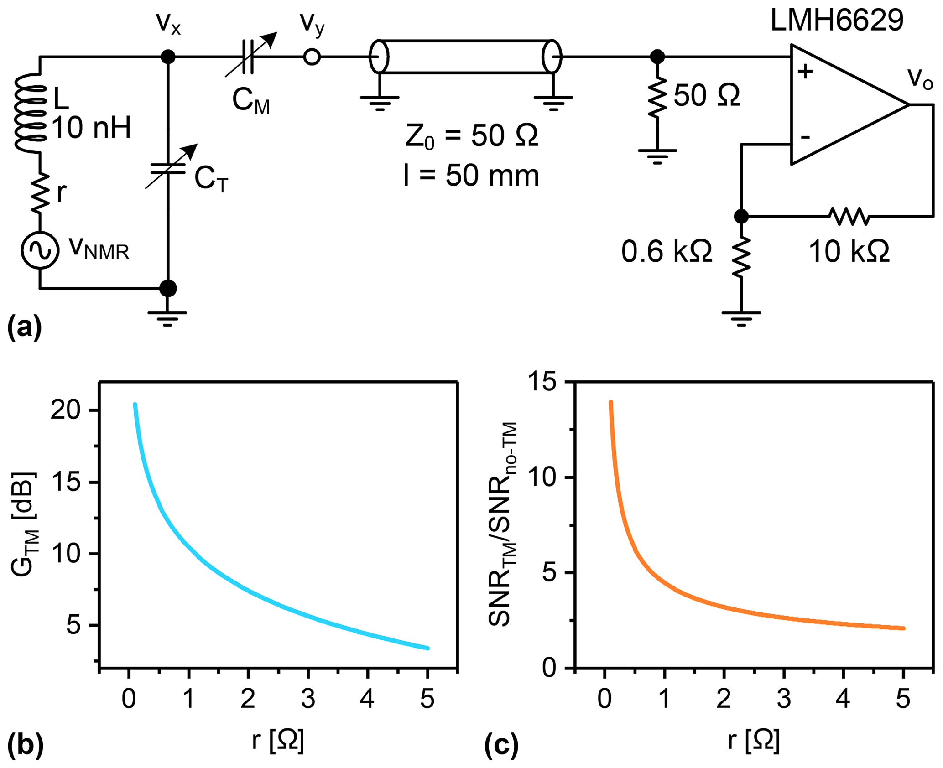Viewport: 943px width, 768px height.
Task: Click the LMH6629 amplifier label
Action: pyautogui.click(x=836, y=21)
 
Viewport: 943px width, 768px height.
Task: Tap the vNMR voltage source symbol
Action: pyautogui.click(x=40, y=250)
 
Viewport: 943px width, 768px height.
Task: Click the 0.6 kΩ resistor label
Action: pyautogui.click(x=667, y=251)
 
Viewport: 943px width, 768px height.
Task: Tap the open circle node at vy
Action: pyautogui.click(x=312, y=57)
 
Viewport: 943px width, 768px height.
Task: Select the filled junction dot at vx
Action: pyautogui.click(x=168, y=57)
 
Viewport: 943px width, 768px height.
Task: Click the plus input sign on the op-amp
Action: pyautogui.click(x=805, y=72)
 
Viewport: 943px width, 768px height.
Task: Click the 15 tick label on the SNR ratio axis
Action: pyautogui.click(x=543, y=382)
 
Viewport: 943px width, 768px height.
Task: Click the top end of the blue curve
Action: pyautogui.click(x=135, y=404)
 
